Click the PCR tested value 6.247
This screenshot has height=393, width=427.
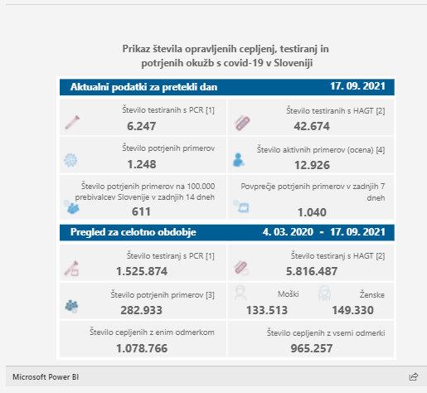click(142, 126)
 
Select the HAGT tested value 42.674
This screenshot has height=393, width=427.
click(312, 126)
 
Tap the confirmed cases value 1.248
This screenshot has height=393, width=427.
click(142, 164)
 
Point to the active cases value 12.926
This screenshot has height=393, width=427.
click(312, 165)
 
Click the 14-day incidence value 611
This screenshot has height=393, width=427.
click(141, 211)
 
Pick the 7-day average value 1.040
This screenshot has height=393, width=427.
click(312, 212)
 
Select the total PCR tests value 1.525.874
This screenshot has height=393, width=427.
click(142, 271)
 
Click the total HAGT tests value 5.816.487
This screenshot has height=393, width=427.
click(312, 271)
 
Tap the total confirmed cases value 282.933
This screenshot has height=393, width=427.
click(142, 310)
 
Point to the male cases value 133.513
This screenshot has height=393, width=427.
click(267, 310)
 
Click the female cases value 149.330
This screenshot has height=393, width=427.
click(353, 310)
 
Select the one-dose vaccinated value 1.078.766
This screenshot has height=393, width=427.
click(142, 348)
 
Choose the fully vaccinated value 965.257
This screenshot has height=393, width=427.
click(312, 348)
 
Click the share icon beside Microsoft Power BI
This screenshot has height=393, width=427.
click(413, 376)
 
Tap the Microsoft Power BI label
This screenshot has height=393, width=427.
click(46, 377)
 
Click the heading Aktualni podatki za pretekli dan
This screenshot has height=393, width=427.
click(143, 87)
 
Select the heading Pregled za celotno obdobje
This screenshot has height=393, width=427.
click(133, 232)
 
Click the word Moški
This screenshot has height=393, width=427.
click(289, 294)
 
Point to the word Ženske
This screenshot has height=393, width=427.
click(372, 294)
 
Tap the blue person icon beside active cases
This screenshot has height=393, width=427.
click(238, 160)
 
